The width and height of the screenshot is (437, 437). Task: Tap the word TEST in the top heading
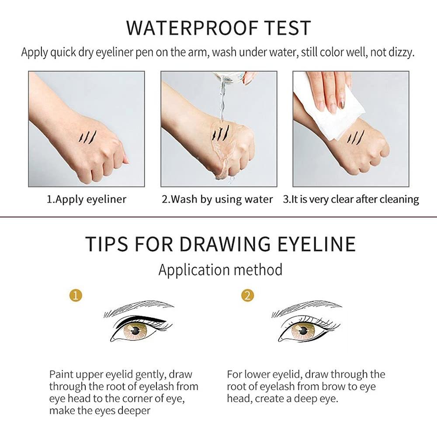point(288,28)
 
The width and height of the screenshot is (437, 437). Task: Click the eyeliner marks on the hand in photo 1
point(87,136)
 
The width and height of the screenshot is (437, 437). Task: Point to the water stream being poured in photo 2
point(223,101)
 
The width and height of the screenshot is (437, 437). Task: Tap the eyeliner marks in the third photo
point(355,137)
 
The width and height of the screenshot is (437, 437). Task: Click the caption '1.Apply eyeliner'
point(87,200)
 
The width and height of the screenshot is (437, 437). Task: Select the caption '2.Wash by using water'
point(217,200)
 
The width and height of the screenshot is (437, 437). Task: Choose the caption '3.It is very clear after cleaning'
point(351,200)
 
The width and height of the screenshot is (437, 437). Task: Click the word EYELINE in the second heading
point(316,244)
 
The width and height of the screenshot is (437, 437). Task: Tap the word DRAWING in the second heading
point(225,244)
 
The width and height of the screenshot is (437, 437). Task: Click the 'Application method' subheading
point(220,270)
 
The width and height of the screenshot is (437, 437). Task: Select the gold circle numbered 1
point(76,295)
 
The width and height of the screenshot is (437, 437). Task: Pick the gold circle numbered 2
point(247,295)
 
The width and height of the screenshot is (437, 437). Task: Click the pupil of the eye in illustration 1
point(135,331)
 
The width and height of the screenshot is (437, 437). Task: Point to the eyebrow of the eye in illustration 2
point(307,308)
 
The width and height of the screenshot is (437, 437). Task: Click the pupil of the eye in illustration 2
point(303,331)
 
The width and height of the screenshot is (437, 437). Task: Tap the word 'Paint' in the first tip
point(61,375)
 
